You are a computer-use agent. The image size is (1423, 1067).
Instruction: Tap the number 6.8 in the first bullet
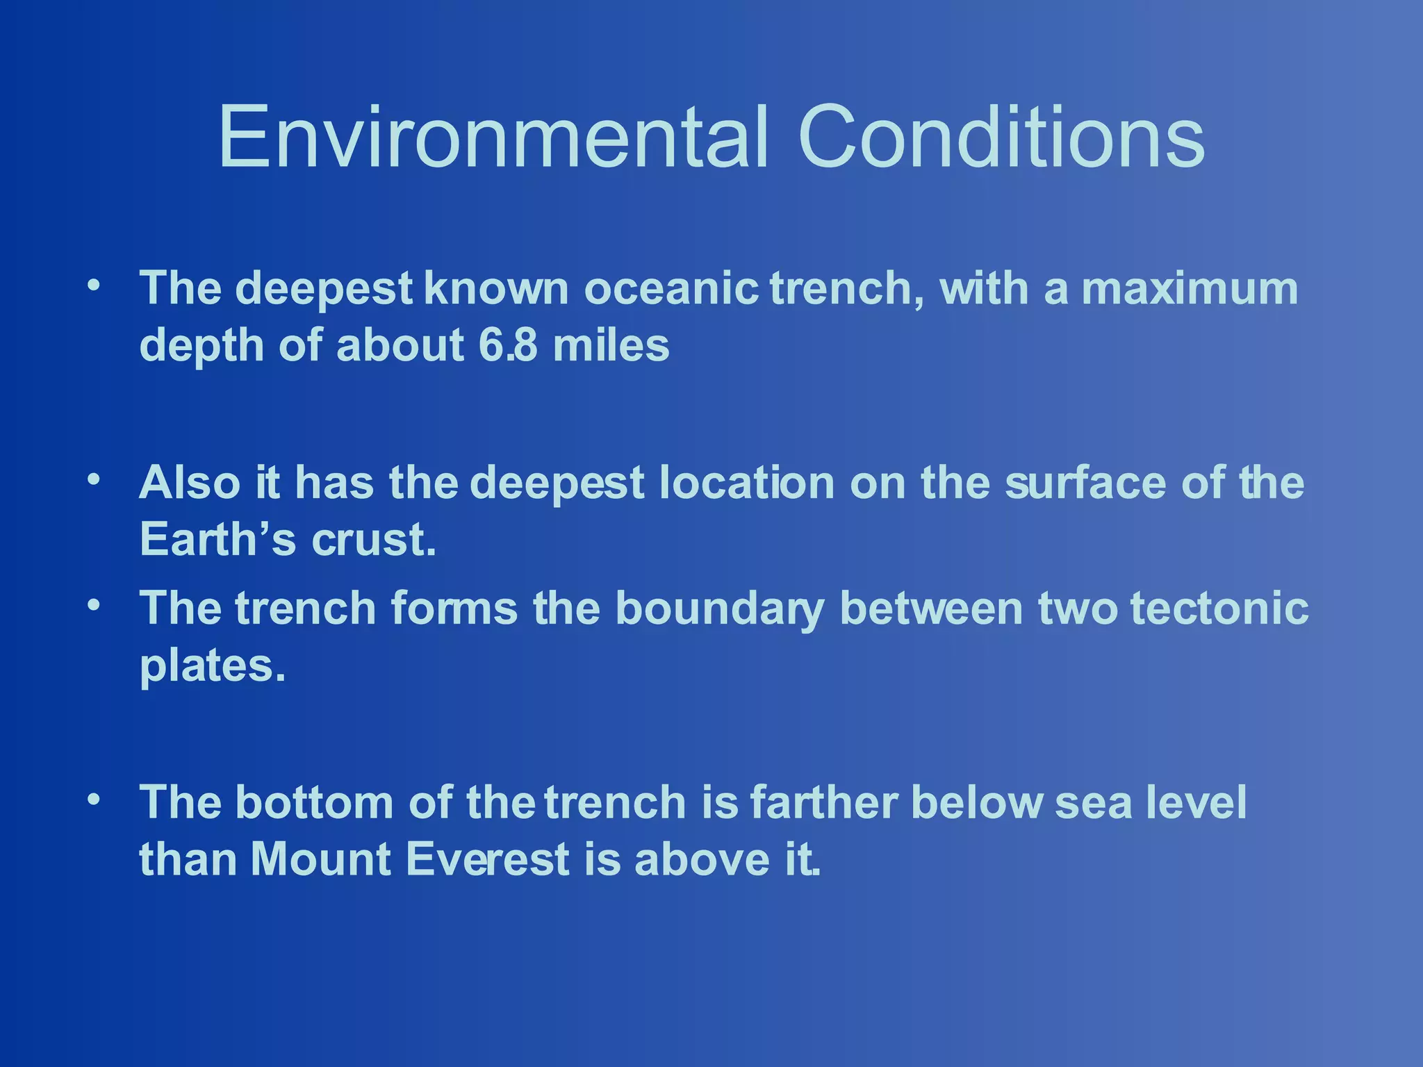click(507, 345)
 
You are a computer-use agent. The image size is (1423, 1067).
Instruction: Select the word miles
click(611, 345)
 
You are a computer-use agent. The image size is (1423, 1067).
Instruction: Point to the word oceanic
click(671, 288)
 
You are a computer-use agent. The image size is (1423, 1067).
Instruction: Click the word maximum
click(1190, 288)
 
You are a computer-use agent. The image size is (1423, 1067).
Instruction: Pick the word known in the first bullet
click(496, 288)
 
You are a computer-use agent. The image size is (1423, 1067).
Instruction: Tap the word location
click(747, 482)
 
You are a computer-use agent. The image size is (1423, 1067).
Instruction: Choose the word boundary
click(720, 609)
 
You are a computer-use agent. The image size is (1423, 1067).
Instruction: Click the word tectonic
click(1219, 609)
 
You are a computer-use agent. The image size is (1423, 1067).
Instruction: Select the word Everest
click(487, 859)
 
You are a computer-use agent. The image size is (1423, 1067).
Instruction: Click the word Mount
click(320, 859)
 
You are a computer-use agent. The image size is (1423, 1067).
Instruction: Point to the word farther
click(823, 802)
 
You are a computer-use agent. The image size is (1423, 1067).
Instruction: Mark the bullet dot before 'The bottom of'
click(94, 798)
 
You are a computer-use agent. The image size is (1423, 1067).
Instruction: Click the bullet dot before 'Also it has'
click(94, 479)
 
